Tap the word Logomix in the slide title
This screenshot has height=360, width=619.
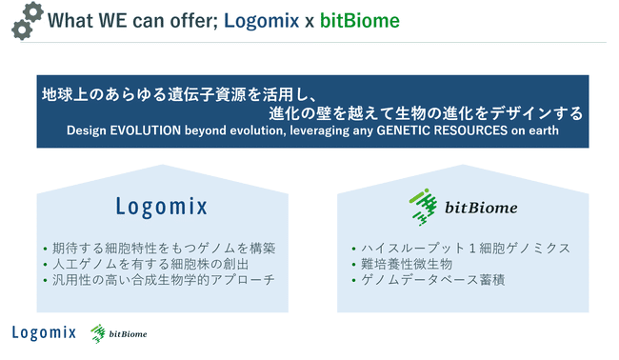264,19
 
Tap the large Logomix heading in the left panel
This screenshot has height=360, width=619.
160,205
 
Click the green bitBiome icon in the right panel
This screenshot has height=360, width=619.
422,204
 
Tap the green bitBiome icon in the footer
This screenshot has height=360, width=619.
97,333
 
